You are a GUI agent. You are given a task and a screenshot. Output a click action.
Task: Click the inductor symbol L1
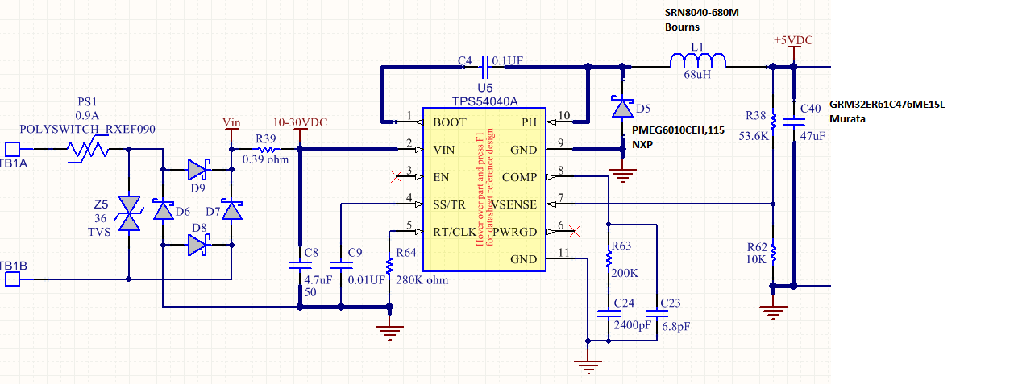pyautogui.click(x=698, y=60)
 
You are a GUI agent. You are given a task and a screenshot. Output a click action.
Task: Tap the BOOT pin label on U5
pyautogui.click(x=449, y=122)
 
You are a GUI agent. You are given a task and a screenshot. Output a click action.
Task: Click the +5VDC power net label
pyautogui.click(x=793, y=39)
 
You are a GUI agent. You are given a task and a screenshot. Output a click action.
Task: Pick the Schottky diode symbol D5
pyautogui.click(x=622, y=107)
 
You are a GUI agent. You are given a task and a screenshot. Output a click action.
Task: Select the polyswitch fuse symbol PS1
pyautogui.click(x=87, y=149)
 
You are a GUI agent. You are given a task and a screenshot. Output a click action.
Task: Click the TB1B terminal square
pyautogui.click(x=12, y=279)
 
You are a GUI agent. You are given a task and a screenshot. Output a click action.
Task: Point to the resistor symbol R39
pyautogui.click(x=265, y=149)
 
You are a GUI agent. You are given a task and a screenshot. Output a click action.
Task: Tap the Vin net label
pyautogui.click(x=231, y=122)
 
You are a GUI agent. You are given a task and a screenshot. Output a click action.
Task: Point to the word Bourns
pyautogui.click(x=682, y=27)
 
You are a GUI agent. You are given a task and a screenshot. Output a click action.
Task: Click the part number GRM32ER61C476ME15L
pyautogui.click(x=887, y=105)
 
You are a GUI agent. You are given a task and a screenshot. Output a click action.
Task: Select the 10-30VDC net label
pyautogui.click(x=300, y=122)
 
